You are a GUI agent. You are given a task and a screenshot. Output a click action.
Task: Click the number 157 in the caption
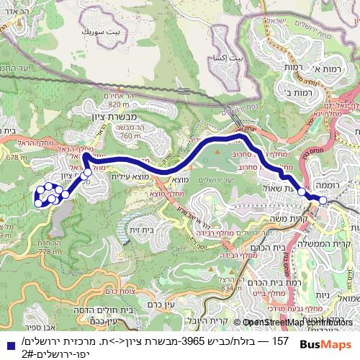coord(279,338)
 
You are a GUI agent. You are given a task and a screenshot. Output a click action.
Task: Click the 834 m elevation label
coord(225,288)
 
